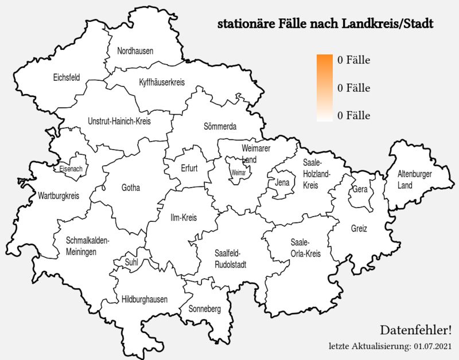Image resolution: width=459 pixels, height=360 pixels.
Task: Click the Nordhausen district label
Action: [135, 51]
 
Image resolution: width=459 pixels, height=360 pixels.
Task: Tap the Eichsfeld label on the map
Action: [66, 77]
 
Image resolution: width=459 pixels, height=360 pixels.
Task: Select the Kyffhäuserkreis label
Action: [162, 83]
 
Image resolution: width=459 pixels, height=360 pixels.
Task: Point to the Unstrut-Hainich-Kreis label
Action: [119, 122]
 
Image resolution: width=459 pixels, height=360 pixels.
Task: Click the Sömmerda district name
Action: [220, 126]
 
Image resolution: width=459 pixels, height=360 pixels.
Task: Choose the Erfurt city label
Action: [189, 169]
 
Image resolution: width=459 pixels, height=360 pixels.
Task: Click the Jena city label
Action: [282, 183]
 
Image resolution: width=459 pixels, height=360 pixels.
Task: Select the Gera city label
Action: [360, 189]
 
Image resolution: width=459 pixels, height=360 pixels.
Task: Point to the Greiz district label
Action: [359, 228]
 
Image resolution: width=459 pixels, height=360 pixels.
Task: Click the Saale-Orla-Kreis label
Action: [305, 247]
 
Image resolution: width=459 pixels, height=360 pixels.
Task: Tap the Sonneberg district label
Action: [205, 309]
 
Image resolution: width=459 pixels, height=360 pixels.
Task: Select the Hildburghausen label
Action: [145, 299]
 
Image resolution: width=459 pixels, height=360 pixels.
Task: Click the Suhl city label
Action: [131, 263]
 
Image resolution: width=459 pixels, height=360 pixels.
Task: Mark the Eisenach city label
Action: [71, 169]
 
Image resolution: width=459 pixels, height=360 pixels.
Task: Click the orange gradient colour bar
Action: [325, 88]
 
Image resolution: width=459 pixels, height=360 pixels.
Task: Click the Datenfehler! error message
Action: [415, 330]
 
